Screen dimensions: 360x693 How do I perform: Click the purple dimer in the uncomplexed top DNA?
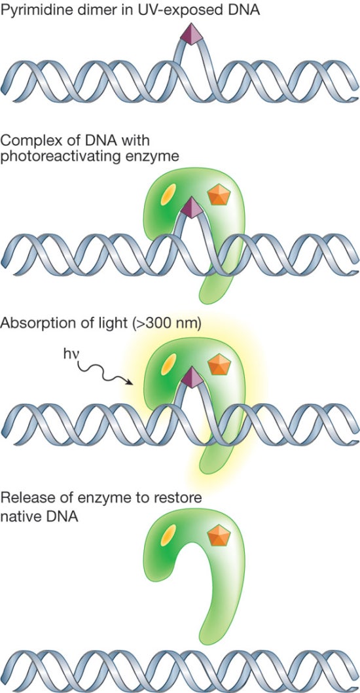(x=190, y=35)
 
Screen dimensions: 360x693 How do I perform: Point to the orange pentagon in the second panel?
(x=219, y=194)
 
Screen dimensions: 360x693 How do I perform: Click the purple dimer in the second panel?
(x=192, y=207)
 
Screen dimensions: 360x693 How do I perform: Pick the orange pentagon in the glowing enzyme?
(x=219, y=364)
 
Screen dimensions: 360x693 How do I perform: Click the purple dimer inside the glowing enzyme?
(x=192, y=378)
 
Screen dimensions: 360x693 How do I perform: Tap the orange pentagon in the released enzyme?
(x=219, y=535)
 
